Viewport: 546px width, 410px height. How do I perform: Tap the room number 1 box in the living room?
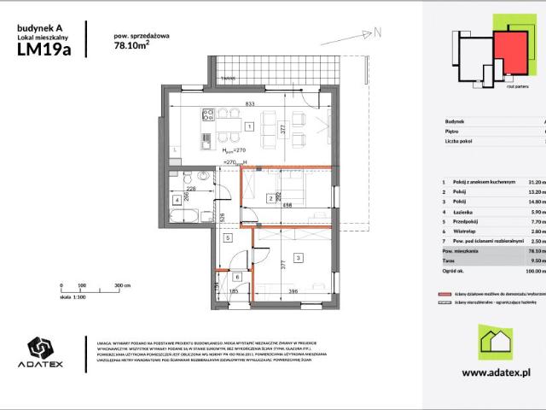pyautogui.click(x=248, y=126)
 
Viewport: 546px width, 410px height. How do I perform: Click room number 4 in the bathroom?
pyautogui.click(x=176, y=200)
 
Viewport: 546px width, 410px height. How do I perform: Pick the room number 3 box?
pyautogui.click(x=298, y=257)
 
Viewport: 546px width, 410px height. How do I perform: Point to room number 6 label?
pyautogui.click(x=237, y=277)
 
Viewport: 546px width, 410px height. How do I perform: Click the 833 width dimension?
pyautogui.click(x=249, y=103)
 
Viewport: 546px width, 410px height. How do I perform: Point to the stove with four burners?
pyautogui.click(x=207, y=113)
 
